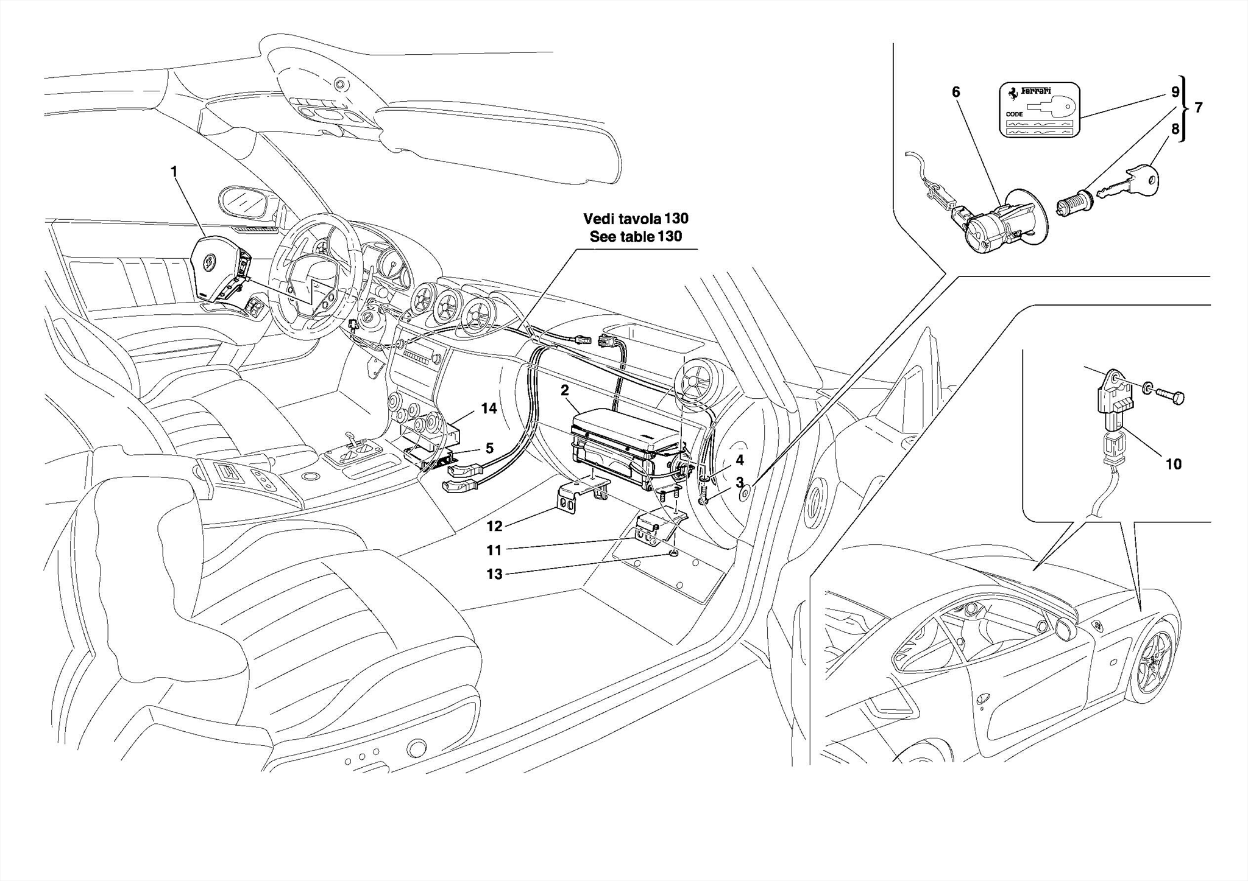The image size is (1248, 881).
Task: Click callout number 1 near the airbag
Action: [x=174, y=172]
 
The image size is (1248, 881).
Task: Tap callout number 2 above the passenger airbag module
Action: [x=565, y=390]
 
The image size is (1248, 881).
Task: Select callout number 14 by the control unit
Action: [x=489, y=409]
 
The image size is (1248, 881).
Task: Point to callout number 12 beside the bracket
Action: [x=494, y=526]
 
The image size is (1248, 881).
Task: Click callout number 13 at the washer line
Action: [x=494, y=574]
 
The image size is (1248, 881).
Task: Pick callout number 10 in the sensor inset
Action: [x=1173, y=465]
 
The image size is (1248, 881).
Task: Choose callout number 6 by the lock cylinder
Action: [x=955, y=93]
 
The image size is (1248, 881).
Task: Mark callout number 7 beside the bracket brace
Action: [x=1198, y=108]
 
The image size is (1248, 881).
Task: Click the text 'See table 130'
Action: [x=636, y=237]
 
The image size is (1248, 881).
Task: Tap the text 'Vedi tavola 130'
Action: [x=636, y=218]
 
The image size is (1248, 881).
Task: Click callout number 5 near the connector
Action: [x=489, y=449]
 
